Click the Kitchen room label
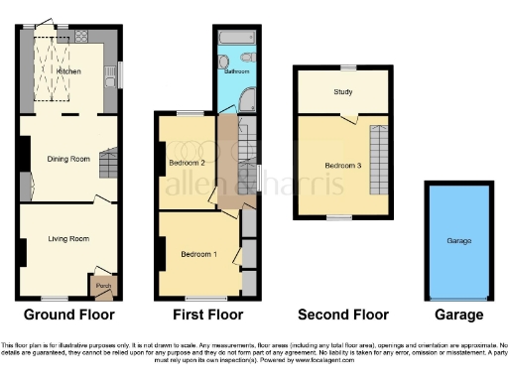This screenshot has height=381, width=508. pyautogui.click(x=68, y=71)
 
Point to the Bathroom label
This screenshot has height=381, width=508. pyautogui.click(x=235, y=71)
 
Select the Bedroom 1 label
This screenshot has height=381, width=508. pyautogui.click(x=199, y=255)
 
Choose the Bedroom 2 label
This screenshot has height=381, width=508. pyautogui.click(x=187, y=162)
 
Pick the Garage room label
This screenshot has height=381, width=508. pyautogui.click(x=457, y=240)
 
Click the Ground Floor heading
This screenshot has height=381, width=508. pyautogui.click(x=67, y=315)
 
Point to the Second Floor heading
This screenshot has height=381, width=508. pyautogui.click(x=342, y=315)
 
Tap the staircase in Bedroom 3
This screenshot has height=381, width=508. pyautogui.click(x=378, y=159)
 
